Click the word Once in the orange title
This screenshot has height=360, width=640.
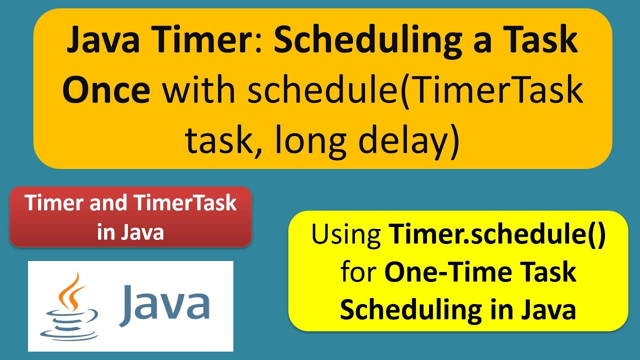click(106, 90)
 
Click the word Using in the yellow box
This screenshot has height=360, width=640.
click(346, 234)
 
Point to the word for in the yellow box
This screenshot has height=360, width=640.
click(357, 273)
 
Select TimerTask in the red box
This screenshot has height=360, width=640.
click(184, 203)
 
